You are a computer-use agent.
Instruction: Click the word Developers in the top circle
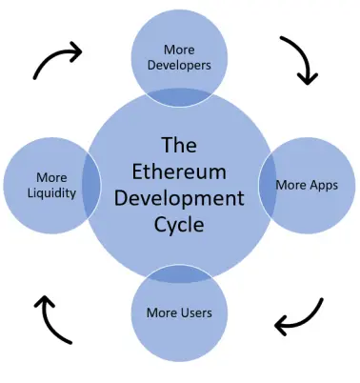(x=179, y=66)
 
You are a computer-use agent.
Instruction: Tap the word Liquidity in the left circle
(x=51, y=193)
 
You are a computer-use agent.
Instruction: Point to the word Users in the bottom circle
(x=196, y=312)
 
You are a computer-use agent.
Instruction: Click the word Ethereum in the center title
(x=179, y=171)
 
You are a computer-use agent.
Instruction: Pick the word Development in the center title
(x=179, y=199)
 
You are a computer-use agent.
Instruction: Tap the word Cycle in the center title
(x=179, y=225)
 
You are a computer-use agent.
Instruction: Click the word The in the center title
(x=179, y=145)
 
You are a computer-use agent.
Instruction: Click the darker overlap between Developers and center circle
(x=179, y=97)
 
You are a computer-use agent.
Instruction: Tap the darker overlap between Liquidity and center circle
(x=91, y=185)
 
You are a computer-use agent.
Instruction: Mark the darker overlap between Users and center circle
(x=179, y=274)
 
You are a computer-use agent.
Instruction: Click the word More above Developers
(x=179, y=50)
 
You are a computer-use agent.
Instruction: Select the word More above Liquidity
(x=51, y=177)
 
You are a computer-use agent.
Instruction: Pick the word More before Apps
(x=290, y=185)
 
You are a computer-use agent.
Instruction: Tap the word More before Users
(x=163, y=312)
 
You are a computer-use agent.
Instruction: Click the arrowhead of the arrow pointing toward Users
(x=281, y=325)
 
